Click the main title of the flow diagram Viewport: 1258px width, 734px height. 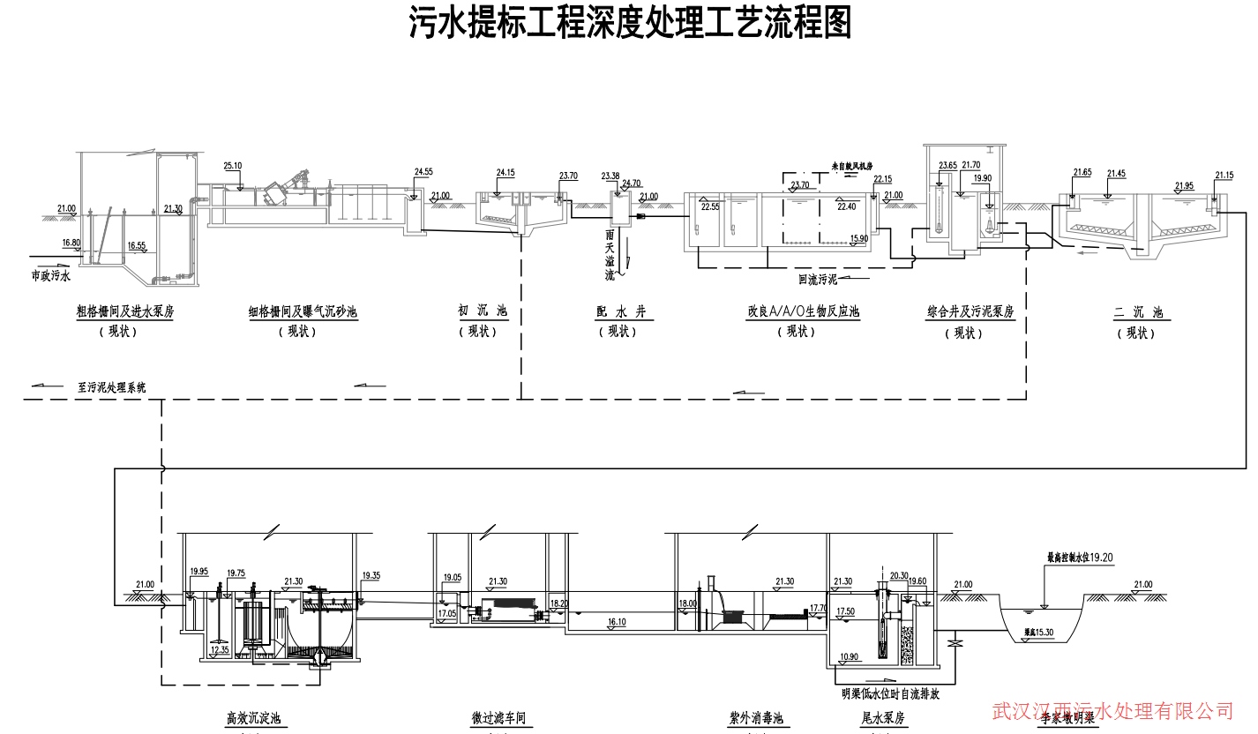pyautogui.click(x=630, y=24)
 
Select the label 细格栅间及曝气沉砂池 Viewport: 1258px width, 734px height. pyautogui.click(x=303, y=311)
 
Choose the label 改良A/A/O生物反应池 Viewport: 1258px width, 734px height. pyautogui.click(x=803, y=311)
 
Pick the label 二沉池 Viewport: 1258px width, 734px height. pyautogui.click(x=1138, y=311)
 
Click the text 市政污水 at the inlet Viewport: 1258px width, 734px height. pyautogui.click(x=49, y=275)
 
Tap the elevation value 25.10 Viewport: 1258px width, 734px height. pyautogui.click(x=233, y=166)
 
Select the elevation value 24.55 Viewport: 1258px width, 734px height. pyautogui.click(x=423, y=171)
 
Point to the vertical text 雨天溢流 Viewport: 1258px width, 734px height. pyautogui.click(x=609, y=256)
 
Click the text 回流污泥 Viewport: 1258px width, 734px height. pyautogui.click(x=817, y=280)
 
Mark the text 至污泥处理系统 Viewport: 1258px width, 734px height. pyautogui.click(x=112, y=386)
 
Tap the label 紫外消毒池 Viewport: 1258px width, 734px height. pyautogui.click(x=756, y=718)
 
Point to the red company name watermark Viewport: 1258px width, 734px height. pyautogui.click(x=1112, y=709)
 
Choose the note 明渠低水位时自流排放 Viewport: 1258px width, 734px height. pyautogui.click(x=890, y=693)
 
